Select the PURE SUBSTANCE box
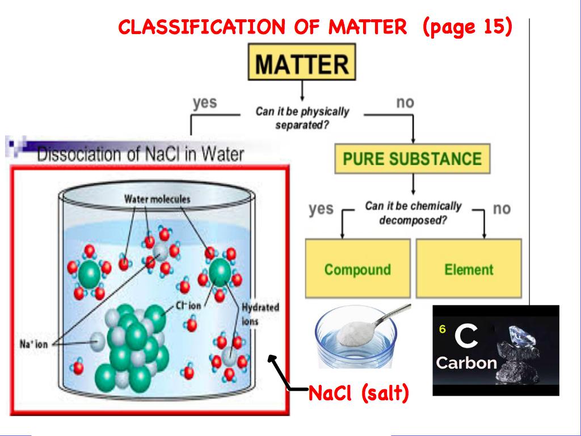pyautogui.click(x=412, y=158)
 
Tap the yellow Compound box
pyautogui.click(x=357, y=269)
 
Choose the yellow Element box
pyautogui.click(x=469, y=269)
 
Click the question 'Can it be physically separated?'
pyautogui.click(x=302, y=118)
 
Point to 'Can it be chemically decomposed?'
pyautogui.click(x=413, y=213)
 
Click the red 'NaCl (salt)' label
pyautogui.click(x=358, y=393)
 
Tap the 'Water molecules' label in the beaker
pyautogui.click(x=157, y=199)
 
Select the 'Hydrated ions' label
pyautogui.click(x=260, y=314)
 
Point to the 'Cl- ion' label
pyautogui.click(x=188, y=305)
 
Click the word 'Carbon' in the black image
pyautogui.click(x=466, y=363)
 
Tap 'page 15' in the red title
pyautogui.click(x=468, y=26)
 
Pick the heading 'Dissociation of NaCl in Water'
pyautogui.click(x=141, y=154)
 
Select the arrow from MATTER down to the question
pyautogui.click(x=302, y=91)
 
